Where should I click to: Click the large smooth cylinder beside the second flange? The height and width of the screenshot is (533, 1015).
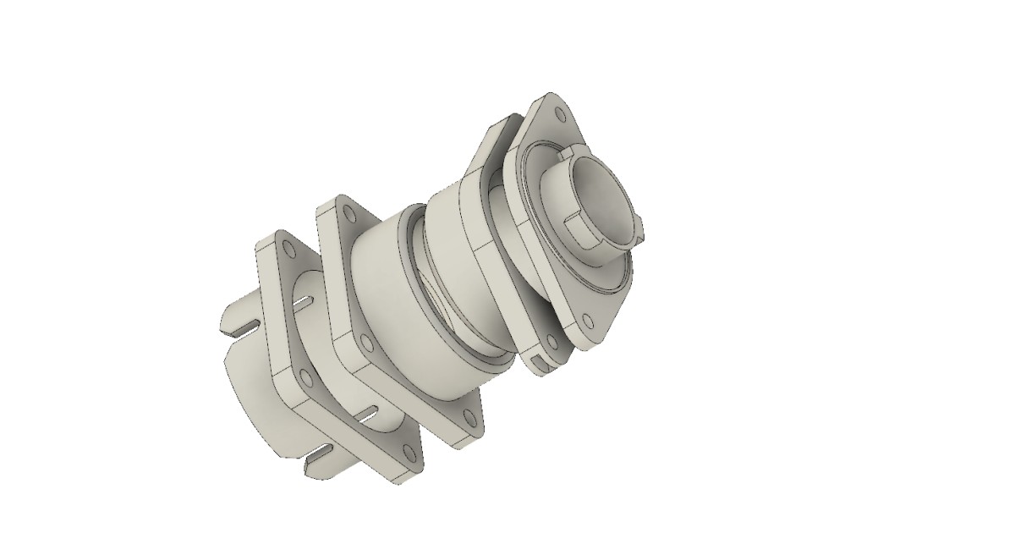[x=398, y=296]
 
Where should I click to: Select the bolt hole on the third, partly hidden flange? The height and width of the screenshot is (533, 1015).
[x=551, y=343]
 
